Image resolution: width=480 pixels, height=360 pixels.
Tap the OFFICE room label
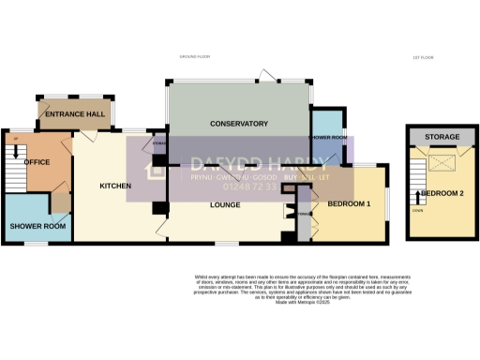tap(37, 162)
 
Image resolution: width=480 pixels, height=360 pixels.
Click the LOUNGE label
tap(226, 204)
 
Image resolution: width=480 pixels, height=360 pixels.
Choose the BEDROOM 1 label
tap(349, 203)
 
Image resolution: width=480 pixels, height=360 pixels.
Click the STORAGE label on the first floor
tap(442, 138)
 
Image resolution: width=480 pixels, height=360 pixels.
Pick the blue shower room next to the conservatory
tap(328, 137)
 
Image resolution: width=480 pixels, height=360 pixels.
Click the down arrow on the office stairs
tap(16, 153)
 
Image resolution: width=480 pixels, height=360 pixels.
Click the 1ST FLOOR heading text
tap(422, 58)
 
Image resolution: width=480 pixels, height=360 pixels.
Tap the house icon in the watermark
tap(153, 172)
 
